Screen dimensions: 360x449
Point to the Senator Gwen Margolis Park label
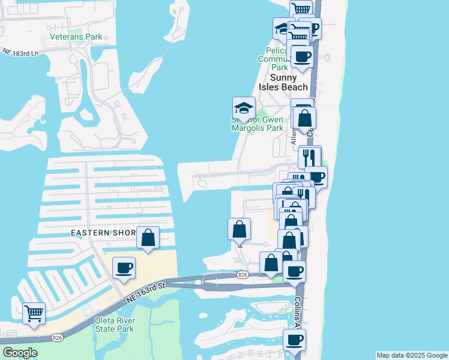tap(257, 123)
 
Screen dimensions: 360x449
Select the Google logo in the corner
tap(20, 352)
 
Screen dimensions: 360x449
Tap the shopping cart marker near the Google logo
tap(34, 313)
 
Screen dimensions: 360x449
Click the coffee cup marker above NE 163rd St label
tap(124, 268)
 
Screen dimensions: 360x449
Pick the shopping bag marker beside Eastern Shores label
tap(148, 237)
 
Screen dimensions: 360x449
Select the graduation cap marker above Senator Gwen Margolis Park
tap(244, 108)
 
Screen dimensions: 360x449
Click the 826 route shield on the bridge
tap(243, 274)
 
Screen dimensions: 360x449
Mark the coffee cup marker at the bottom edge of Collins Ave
tap(294, 340)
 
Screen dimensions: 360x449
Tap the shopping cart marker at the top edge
tap(301, 9)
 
